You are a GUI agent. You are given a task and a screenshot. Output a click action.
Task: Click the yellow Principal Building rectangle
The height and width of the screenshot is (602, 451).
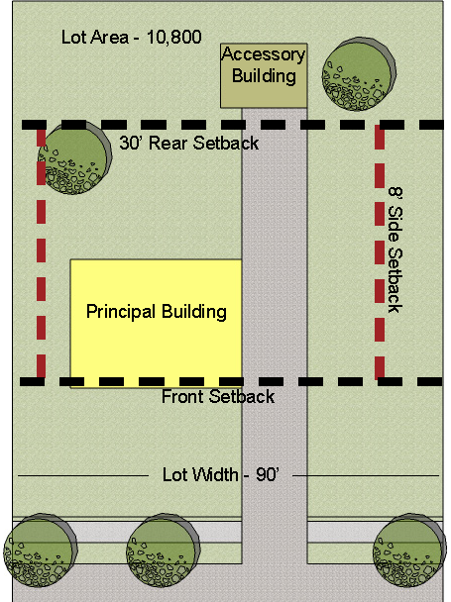[156, 323]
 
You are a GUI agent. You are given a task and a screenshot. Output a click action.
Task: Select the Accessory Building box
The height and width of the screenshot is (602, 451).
[264, 75]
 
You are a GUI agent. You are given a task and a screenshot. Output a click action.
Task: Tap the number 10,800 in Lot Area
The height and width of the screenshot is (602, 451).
[174, 38]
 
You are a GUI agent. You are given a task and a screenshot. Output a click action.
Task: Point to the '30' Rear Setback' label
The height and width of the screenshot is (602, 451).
[188, 144]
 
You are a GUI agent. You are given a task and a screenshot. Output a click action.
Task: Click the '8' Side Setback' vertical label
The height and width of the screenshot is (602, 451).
[395, 250]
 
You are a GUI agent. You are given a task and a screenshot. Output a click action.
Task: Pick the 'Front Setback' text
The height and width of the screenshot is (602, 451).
[218, 397]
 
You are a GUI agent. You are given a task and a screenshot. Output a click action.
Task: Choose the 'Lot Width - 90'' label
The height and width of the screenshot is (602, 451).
[220, 475]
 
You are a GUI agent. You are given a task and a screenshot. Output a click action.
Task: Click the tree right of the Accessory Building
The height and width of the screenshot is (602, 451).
[359, 74]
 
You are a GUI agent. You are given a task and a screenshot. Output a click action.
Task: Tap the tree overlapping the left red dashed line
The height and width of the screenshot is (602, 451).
[74, 157]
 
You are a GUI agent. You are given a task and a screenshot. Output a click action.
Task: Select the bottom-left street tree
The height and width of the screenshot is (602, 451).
[40, 550]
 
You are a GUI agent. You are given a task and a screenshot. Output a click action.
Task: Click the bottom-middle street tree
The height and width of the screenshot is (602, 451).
[163, 550]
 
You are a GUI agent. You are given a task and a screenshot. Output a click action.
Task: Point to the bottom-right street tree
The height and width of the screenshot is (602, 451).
[409, 550]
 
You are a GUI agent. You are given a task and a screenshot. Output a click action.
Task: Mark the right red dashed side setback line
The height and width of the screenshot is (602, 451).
[380, 251]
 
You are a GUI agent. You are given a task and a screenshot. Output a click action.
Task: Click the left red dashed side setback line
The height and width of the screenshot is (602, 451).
[42, 251]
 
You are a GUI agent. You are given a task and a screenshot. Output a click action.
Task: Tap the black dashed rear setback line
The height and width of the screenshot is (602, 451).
[233, 125]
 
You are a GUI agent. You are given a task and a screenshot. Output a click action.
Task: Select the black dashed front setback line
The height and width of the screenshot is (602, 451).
[232, 381]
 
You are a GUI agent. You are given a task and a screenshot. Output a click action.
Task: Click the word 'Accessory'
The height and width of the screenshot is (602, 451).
[264, 54]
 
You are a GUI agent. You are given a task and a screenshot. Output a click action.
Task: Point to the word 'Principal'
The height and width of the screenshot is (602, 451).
[121, 312]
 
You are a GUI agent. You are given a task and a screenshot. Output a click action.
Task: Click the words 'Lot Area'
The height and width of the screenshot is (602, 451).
[95, 38]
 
